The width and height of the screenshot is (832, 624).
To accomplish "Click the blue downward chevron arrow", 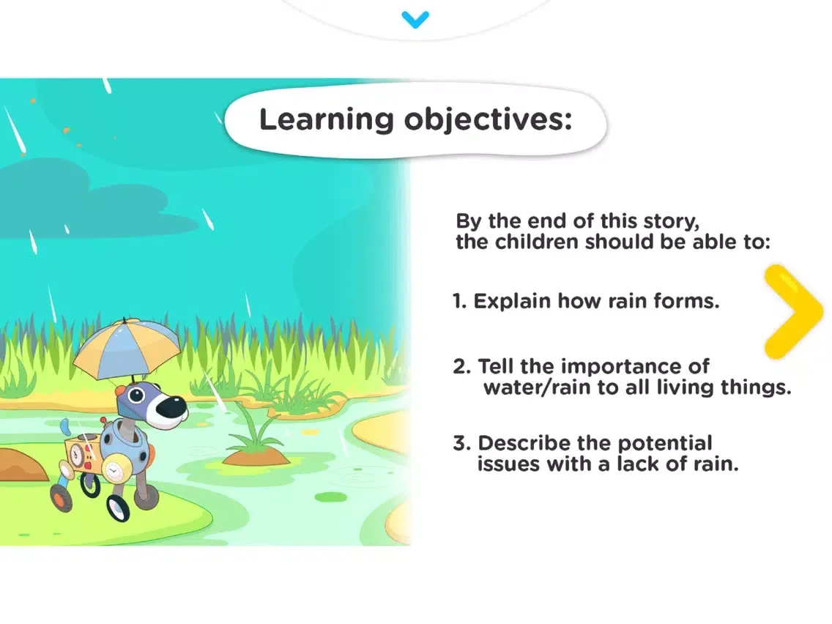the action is [x=415, y=19].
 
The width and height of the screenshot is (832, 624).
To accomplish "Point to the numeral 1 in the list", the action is [x=458, y=301].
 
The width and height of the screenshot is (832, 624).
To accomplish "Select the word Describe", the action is [x=524, y=443].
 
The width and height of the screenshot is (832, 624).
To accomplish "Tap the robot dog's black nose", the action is [x=173, y=407].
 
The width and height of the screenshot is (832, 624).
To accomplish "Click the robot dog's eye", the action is [x=137, y=395].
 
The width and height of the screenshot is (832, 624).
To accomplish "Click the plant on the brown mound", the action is [x=255, y=431].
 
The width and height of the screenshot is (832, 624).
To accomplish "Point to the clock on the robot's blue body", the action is [x=113, y=470].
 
